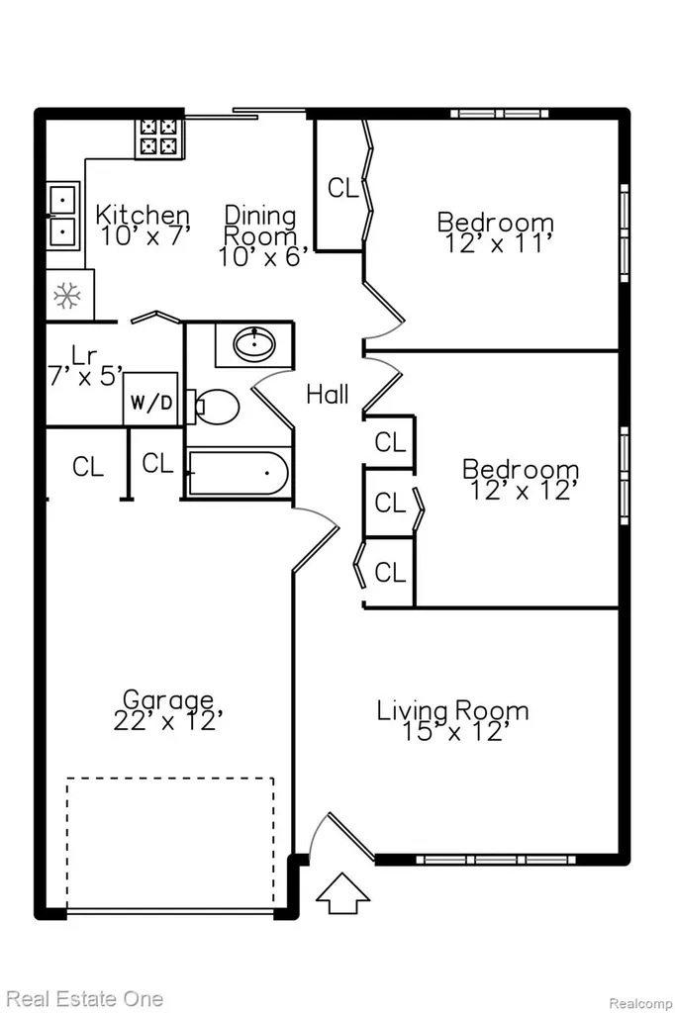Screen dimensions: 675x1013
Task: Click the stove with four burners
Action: click(x=158, y=138)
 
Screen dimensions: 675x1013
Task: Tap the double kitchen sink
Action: click(x=62, y=216)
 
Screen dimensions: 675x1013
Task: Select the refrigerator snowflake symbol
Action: click(x=66, y=295)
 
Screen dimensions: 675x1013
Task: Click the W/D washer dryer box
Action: click(x=150, y=399)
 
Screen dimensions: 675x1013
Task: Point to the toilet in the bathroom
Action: click(x=214, y=407)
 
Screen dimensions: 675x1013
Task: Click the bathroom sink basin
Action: click(x=254, y=343)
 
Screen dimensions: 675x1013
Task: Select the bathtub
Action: click(x=238, y=474)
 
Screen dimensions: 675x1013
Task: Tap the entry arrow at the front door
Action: click(x=342, y=893)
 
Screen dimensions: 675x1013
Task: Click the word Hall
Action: click(x=328, y=394)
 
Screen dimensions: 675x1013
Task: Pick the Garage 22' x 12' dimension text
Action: click(x=168, y=720)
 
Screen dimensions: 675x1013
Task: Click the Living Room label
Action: click(x=452, y=710)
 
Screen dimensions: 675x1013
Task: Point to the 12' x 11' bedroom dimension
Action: click(x=497, y=243)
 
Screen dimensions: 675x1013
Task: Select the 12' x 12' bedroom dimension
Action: click(x=523, y=491)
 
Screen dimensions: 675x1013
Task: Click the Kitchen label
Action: click(x=143, y=214)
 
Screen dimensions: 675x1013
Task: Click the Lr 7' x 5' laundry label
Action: click(x=85, y=366)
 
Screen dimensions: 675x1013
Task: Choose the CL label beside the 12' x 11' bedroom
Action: click(x=342, y=188)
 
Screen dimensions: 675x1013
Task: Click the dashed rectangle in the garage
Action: click(x=170, y=843)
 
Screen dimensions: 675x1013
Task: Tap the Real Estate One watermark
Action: click(x=85, y=999)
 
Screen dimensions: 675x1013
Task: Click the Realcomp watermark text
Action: click(x=640, y=1003)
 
